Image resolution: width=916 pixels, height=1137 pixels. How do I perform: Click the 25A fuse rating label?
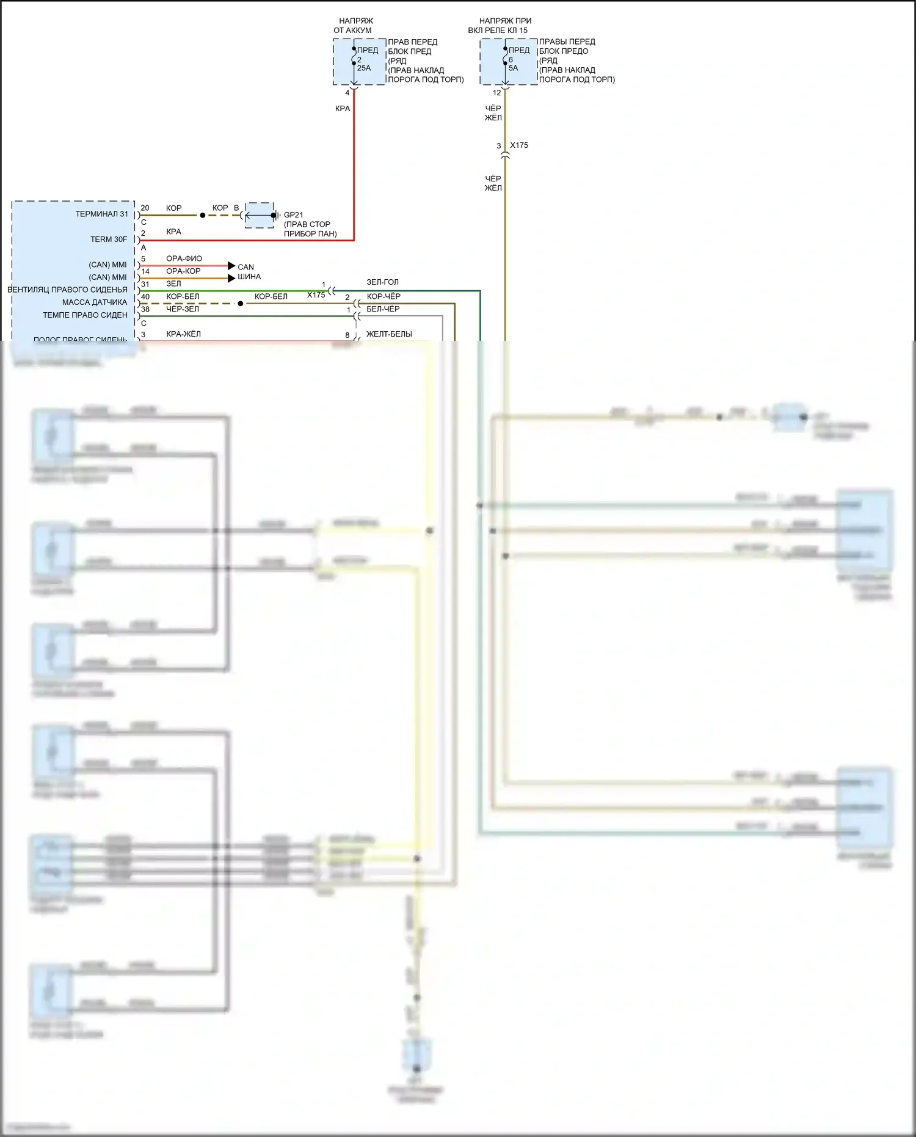pyautogui.click(x=364, y=68)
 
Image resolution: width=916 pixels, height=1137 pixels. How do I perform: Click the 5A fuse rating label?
pyautogui.click(x=513, y=68)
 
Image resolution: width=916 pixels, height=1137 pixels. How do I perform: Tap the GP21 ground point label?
pyautogui.click(x=293, y=214)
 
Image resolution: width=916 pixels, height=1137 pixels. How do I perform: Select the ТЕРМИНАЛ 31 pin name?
pyautogui.click(x=102, y=214)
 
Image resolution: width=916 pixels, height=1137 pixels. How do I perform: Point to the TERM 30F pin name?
pyautogui.click(x=109, y=239)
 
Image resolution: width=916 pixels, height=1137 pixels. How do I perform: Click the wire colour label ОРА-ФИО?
pyautogui.click(x=184, y=258)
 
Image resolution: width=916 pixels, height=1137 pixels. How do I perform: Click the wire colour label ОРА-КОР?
pyautogui.click(x=183, y=271)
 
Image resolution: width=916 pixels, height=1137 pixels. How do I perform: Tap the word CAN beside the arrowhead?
pyautogui.click(x=245, y=267)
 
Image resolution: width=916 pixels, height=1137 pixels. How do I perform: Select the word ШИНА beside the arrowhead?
pyautogui.click(x=249, y=277)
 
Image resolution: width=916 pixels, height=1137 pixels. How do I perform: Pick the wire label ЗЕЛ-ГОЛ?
pyautogui.click(x=382, y=282)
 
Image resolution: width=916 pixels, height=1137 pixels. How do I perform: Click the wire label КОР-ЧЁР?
pyautogui.click(x=383, y=296)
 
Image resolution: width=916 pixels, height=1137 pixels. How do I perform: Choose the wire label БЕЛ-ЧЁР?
pyautogui.click(x=383, y=309)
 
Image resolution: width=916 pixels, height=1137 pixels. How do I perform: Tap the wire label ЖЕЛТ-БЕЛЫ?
pyautogui.click(x=389, y=334)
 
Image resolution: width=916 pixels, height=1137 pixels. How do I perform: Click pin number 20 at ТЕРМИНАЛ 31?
pyautogui.click(x=145, y=208)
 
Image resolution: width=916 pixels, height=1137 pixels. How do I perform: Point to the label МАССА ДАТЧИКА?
pyautogui.click(x=95, y=302)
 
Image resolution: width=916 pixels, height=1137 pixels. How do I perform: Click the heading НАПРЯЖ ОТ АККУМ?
pyautogui.click(x=354, y=25)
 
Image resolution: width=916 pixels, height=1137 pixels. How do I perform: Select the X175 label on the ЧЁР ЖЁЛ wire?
pyautogui.click(x=519, y=145)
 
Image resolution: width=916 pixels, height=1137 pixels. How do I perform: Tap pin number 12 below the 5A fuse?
pyautogui.click(x=496, y=93)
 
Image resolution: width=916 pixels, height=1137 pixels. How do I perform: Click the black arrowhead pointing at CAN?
pyautogui.click(x=231, y=266)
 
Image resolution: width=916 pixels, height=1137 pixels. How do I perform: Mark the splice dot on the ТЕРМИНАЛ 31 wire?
pyautogui.click(x=203, y=216)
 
